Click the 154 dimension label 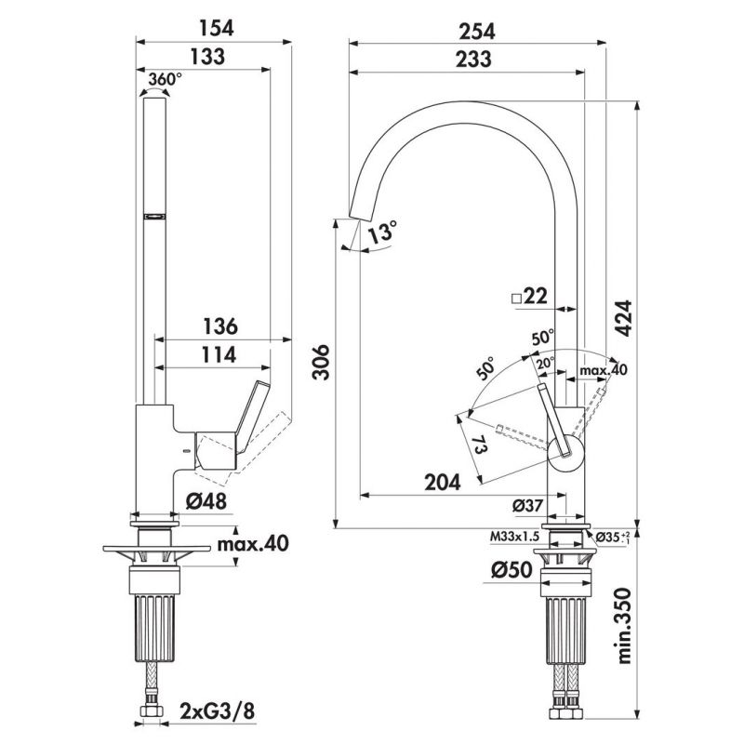point(213,27)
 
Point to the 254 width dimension point(475,30)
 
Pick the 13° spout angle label point(380,232)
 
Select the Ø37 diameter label point(528,505)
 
